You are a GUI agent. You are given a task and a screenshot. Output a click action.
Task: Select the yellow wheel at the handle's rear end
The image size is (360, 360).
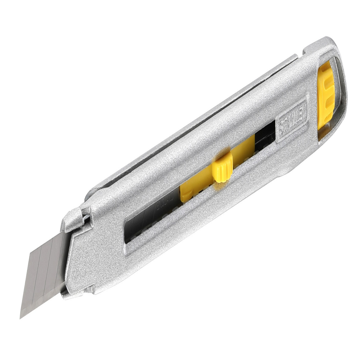[x=326, y=95]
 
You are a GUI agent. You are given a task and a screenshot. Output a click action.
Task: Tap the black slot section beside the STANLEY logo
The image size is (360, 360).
[x=266, y=136]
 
